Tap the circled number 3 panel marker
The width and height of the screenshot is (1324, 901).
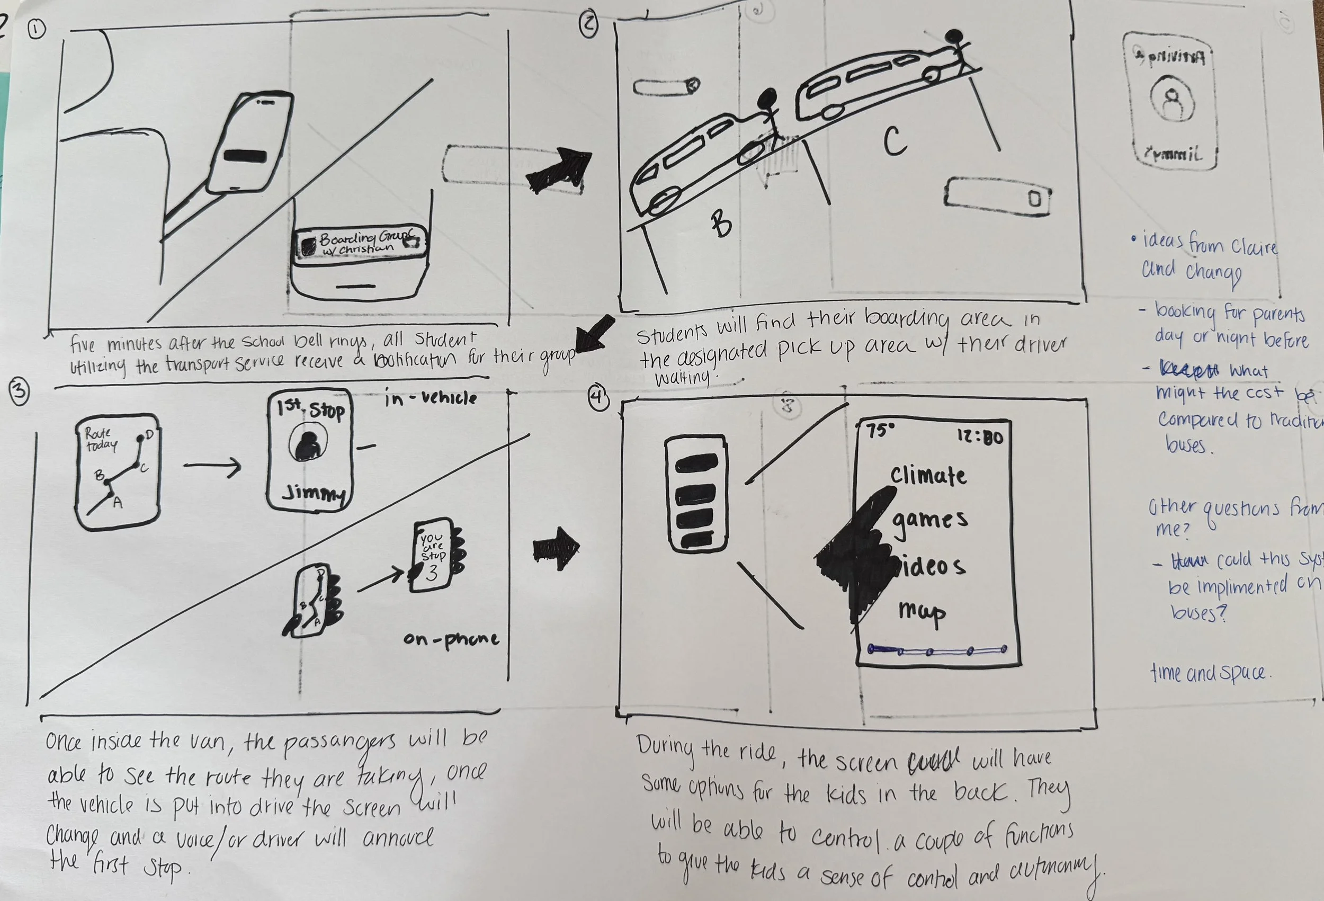[20, 392]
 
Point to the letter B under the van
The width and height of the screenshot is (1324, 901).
[721, 224]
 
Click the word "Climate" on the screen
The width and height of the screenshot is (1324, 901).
[928, 475]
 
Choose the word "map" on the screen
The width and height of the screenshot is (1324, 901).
[922, 611]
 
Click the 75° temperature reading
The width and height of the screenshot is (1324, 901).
[880, 430]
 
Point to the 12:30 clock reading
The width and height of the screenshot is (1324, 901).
[980, 437]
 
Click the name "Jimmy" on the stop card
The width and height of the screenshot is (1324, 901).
[313, 494]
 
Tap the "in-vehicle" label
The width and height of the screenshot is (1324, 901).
[430, 398]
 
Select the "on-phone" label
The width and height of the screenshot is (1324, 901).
[451, 639]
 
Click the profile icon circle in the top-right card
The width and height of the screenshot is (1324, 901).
[1171, 100]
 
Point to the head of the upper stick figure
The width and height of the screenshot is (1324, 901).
[952, 37]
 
